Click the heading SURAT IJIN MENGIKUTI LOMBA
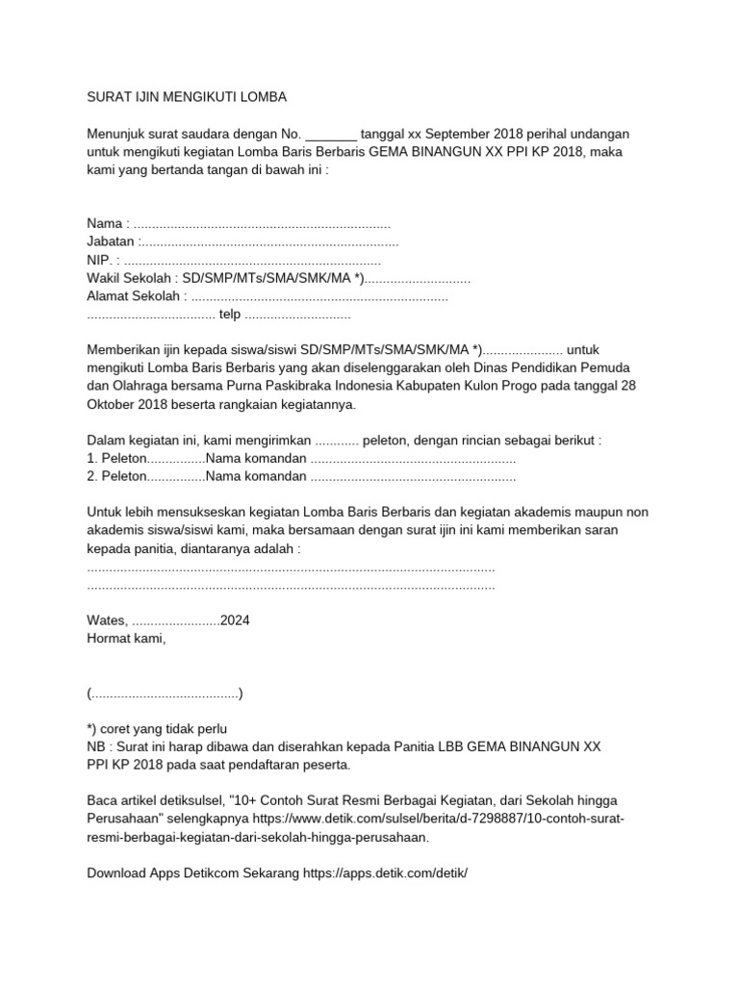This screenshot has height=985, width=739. pos(187,97)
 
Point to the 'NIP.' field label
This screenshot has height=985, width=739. pos(99,260)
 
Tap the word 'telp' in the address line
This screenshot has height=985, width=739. pos(230,315)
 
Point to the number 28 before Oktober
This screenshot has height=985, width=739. pos(627,386)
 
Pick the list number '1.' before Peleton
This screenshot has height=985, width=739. pos(92,458)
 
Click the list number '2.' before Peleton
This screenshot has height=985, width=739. pos(92,476)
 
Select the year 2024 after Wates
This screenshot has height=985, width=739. pos(235,620)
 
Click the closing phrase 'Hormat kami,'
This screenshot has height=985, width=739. pos(126,639)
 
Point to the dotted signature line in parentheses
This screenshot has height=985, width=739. pos(165,693)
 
